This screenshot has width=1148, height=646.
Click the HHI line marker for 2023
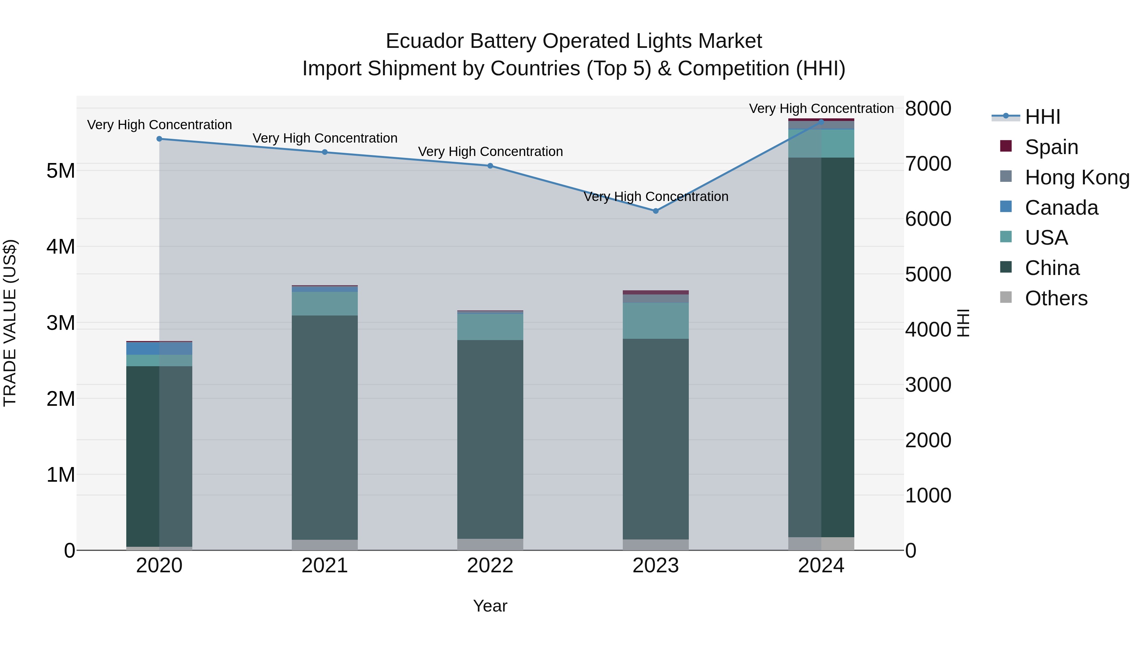pyautogui.click(x=656, y=211)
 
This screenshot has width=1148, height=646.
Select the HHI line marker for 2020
pyautogui.click(x=159, y=139)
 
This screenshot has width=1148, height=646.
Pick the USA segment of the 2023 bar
pyautogui.click(x=656, y=321)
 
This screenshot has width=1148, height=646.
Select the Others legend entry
pyautogui.click(x=1056, y=298)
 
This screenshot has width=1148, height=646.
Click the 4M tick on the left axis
pyautogui.click(x=61, y=247)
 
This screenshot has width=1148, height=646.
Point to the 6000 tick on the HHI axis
pyautogui.click(x=928, y=219)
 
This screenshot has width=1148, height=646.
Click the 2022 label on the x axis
pyautogui.click(x=490, y=566)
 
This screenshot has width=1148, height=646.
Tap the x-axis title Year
pyautogui.click(x=490, y=606)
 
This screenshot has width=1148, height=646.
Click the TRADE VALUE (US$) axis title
pyautogui.click(x=10, y=323)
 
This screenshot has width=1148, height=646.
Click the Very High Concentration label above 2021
pyautogui.click(x=325, y=138)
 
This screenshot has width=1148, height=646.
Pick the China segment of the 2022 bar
pyautogui.click(x=490, y=439)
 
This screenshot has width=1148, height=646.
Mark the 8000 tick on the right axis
pyautogui.click(x=928, y=108)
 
